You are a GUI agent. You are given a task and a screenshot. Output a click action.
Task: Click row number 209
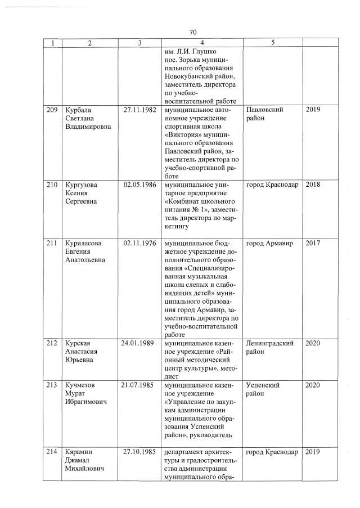[52, 109]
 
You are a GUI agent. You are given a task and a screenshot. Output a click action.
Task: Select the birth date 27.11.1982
[139, 109]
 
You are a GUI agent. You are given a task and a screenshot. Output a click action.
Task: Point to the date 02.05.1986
[139, 185]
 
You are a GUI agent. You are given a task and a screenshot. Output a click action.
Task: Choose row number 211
[52, 243]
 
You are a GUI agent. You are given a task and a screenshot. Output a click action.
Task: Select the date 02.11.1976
[139, 243]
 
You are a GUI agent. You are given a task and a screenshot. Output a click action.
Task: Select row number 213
[52, 385]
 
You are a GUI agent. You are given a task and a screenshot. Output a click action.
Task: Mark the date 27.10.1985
[139, 452]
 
